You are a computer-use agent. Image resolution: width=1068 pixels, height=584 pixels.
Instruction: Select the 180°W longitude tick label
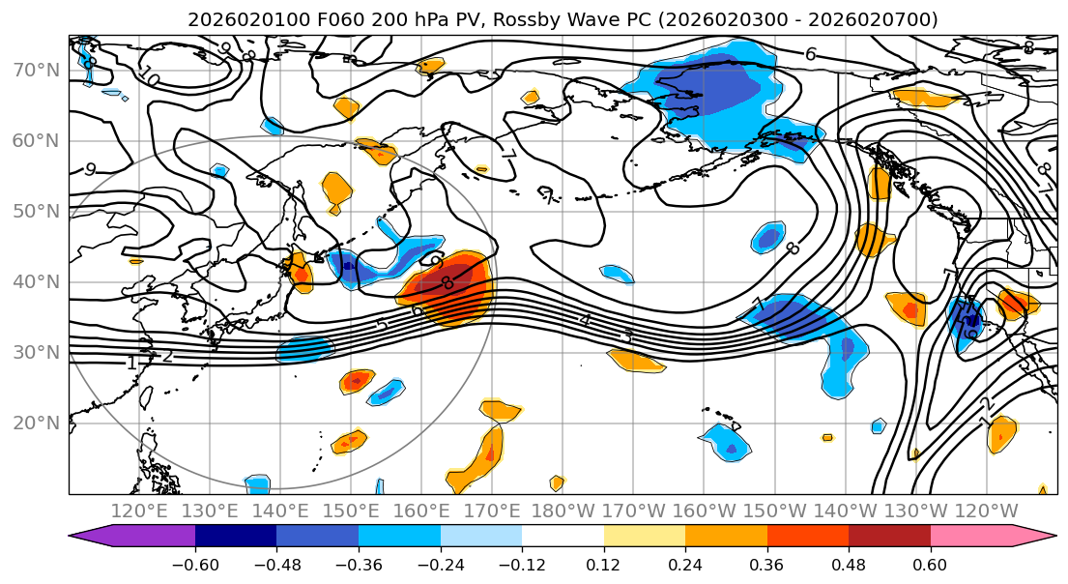562,511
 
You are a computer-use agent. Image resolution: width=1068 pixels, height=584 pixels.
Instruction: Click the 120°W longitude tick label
986,511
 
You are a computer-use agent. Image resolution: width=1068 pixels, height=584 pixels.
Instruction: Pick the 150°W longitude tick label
774,511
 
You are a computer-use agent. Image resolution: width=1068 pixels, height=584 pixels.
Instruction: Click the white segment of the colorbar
563,537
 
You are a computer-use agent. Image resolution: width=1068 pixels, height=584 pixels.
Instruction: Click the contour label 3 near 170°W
627,336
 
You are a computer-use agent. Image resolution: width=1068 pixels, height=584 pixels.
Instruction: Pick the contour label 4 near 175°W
585,319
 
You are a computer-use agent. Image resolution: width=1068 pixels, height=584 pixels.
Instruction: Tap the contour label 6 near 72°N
811,55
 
